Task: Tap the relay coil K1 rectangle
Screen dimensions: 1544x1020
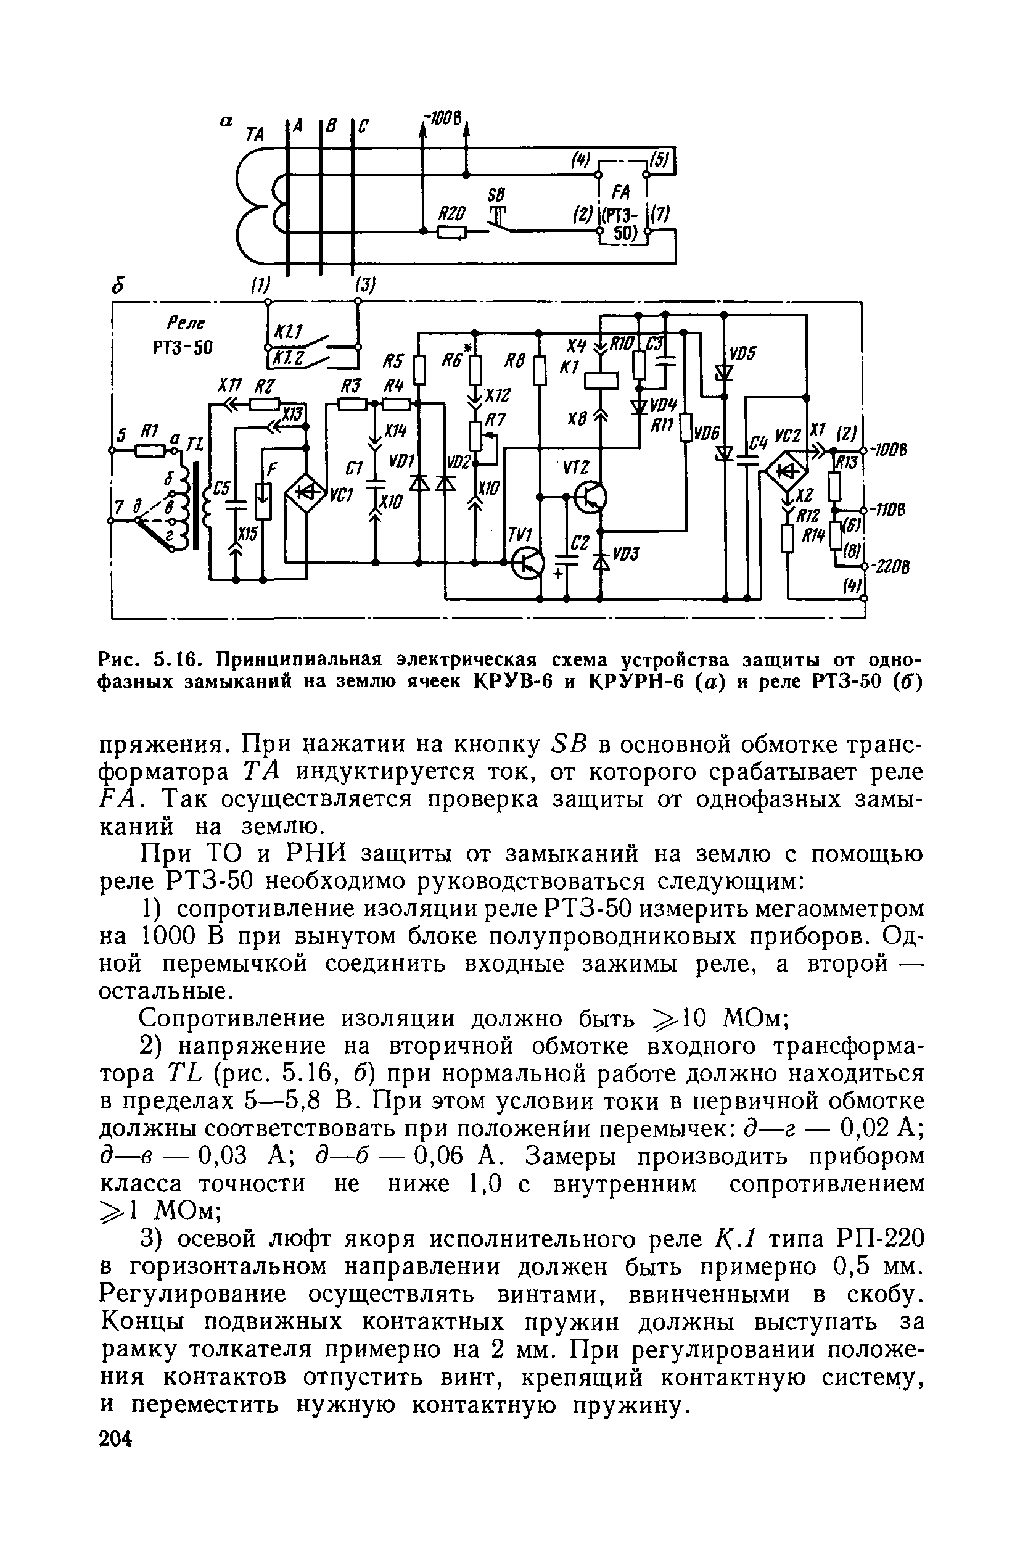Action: (x=601, y=379)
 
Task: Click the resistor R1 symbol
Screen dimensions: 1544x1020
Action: (x=149, y=450)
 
